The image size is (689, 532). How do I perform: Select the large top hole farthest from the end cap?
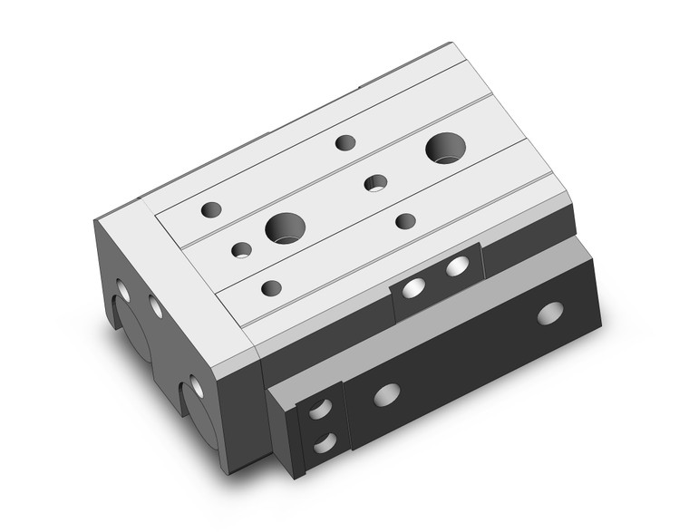pos(444,148)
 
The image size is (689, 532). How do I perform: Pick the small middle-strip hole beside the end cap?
pos(241,249)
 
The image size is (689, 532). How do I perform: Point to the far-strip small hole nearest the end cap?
pos(211,209)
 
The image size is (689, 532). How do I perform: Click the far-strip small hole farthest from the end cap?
pos(344,141)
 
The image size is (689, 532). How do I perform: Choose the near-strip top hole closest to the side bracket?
pos(405,220)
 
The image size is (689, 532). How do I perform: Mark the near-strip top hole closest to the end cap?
pos(270,288)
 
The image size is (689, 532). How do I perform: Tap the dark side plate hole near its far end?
pos(549,313)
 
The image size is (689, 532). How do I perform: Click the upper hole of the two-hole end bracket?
pos(320,409)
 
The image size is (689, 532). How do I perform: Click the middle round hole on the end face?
pos(156,307)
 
